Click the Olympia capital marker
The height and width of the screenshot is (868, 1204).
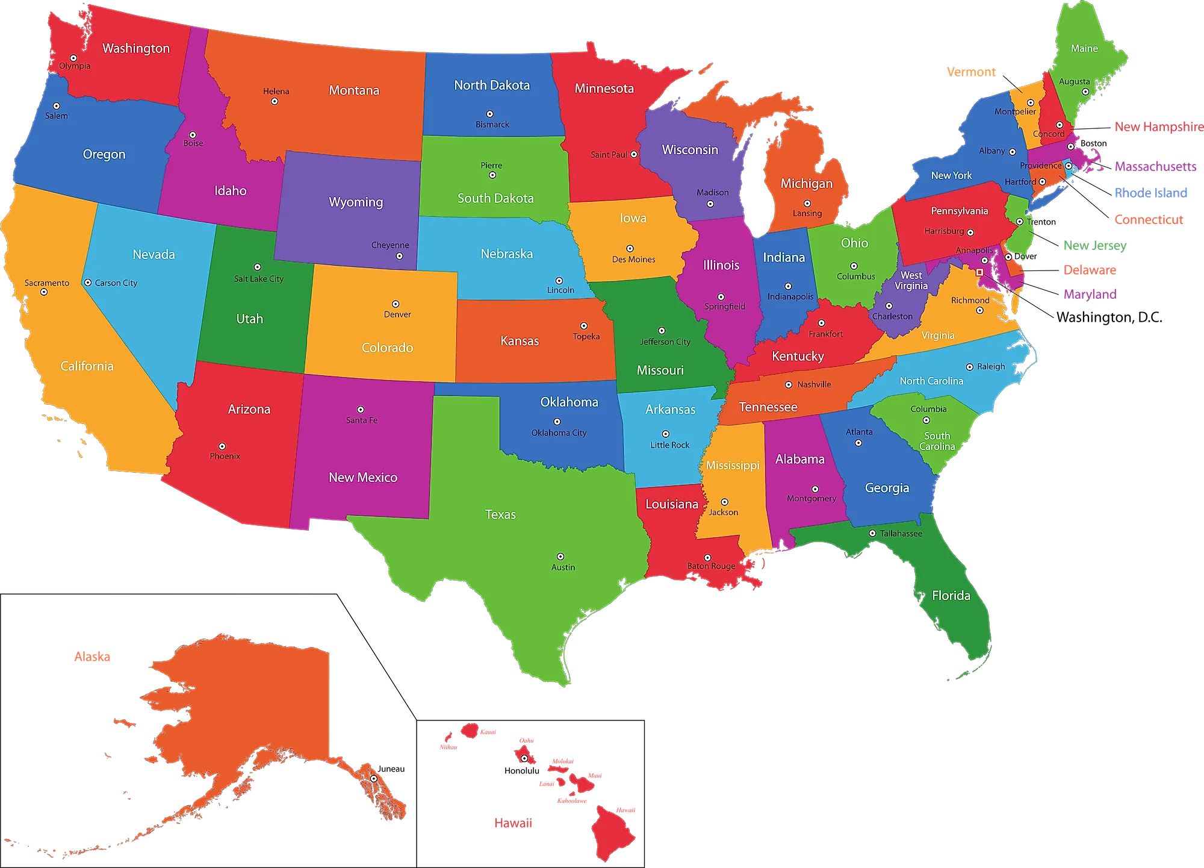[x=73, y=58]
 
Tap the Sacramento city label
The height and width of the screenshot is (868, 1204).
[x=47, y=283]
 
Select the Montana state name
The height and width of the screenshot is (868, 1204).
[x=354, y=90]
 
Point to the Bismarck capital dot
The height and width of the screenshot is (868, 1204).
[x=490, y=114]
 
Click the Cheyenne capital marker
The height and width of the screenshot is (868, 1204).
[x=399, y=256]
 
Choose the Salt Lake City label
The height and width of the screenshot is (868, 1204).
[x=259, y=279]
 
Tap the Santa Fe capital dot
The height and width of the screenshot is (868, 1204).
[x=361, y=410]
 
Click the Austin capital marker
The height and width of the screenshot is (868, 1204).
[x=560, y=557]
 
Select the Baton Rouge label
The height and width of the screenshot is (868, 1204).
[x=711, y=566]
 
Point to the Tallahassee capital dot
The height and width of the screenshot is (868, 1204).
[x=872, y=533]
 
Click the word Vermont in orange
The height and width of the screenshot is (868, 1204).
[x=970, y=72]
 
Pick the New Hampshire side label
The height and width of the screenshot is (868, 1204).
[x=1158, y=126]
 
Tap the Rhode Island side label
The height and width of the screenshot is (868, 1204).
[x=1150, y=193]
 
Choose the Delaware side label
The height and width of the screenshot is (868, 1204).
[x=1090, y=270]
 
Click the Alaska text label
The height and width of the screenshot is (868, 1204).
[x=92, y=657]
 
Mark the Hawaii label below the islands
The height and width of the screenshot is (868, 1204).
[x=513, y=823]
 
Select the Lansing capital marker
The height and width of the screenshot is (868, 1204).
[x=807, y=204]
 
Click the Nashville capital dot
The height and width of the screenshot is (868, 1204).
[x=789, y=384]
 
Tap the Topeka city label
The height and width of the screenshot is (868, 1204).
[x=586, y=337]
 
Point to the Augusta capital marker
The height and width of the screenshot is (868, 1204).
[x=1085, y=92]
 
